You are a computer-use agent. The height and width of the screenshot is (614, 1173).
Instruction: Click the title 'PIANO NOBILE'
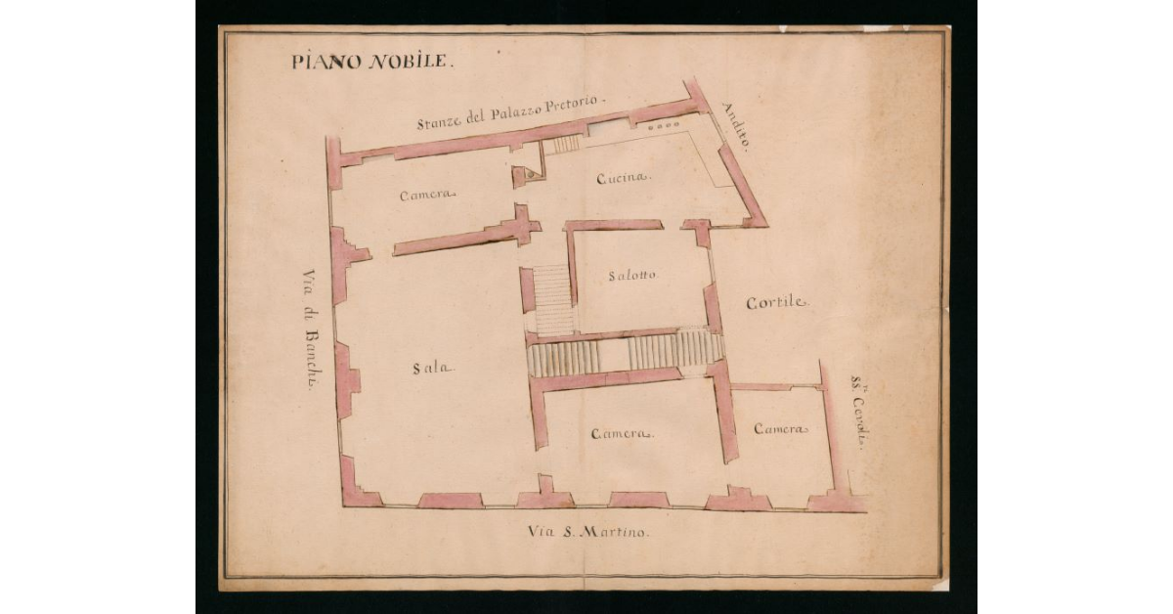click(371, 61)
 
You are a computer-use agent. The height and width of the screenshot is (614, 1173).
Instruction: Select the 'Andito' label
click(736, 125)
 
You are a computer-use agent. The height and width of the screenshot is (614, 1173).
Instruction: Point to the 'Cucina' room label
click(624, 177)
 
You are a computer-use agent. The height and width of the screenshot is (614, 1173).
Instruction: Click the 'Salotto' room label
click(632, 275)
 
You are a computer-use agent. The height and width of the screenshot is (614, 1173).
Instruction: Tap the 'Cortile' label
click(778, 303)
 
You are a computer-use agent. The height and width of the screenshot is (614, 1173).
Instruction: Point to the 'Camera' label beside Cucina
click(428, 195)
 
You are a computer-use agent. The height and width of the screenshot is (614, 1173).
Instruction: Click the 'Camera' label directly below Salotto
click(622, 433)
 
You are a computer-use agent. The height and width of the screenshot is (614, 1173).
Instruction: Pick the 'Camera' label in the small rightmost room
click(781, 429)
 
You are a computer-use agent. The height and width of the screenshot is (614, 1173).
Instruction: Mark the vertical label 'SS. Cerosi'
click(859, 415)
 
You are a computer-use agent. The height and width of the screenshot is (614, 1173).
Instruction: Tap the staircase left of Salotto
click(552, 298)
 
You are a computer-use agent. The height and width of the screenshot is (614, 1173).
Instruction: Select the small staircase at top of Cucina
click(562, 145)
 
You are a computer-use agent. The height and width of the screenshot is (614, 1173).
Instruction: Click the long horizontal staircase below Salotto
click(626, 353)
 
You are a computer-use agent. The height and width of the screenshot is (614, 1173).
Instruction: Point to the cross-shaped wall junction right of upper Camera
click(524, 226)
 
